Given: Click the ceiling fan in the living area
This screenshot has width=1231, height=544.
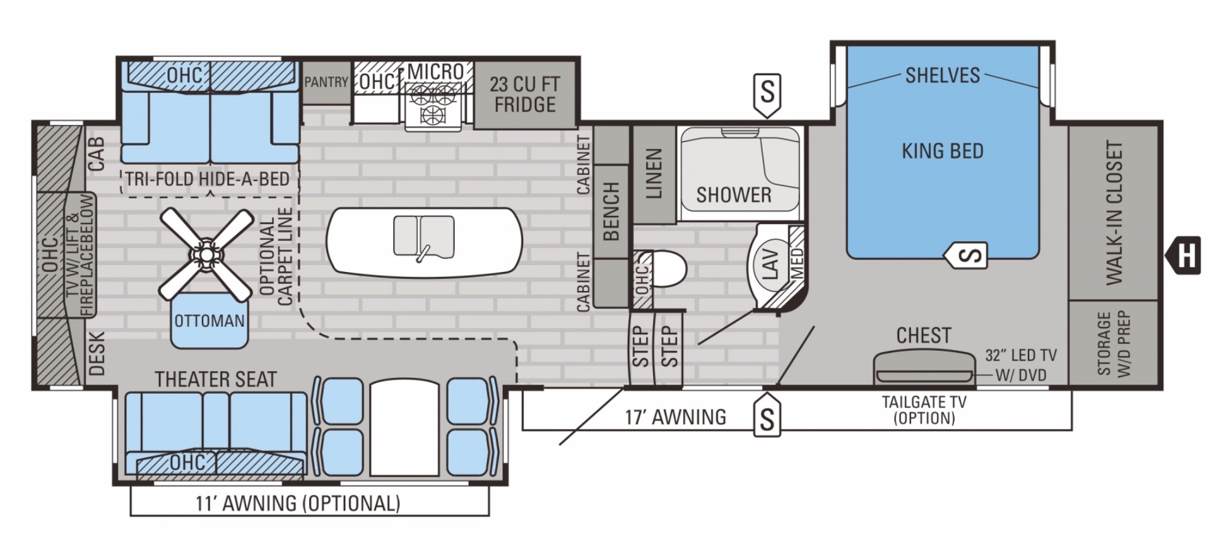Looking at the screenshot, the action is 206,254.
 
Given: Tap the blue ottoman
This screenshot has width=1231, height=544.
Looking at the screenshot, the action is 210,319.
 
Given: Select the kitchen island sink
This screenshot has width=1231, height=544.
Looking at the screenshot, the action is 424,237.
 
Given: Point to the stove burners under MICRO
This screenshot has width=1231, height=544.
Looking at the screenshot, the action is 433,103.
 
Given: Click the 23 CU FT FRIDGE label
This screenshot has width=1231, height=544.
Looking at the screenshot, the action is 524,94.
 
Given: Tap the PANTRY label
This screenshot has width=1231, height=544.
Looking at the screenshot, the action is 326,82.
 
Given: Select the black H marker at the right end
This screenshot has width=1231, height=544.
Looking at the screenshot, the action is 1182,255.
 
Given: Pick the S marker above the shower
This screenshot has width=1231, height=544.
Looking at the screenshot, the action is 767,95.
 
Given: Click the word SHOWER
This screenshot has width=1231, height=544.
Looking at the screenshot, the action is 734,195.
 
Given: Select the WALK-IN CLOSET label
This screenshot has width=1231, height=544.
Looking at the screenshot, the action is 1115,213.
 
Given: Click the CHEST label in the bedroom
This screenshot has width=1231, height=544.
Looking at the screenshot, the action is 924,335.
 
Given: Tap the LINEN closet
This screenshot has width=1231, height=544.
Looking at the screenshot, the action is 654,174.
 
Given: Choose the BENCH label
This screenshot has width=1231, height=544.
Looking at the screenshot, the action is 611,211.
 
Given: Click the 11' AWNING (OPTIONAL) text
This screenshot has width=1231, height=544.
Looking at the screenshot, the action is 298,503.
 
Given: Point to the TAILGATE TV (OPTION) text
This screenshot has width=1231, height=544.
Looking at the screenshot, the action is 924,410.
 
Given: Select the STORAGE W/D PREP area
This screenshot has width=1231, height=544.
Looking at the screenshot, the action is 1114,343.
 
